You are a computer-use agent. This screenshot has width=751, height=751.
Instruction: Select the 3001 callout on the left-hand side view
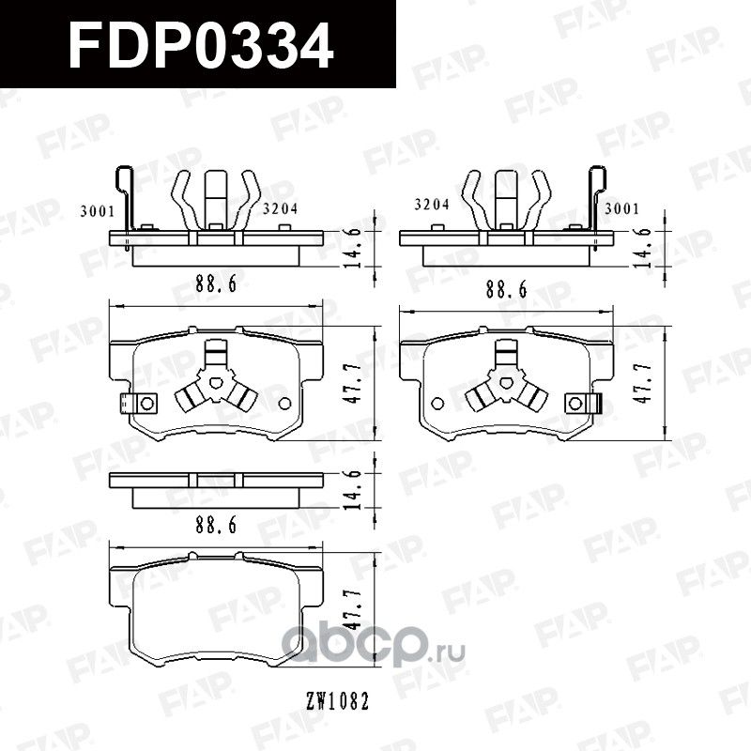(98, 210)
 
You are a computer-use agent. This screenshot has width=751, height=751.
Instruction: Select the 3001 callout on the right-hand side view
(622, 208)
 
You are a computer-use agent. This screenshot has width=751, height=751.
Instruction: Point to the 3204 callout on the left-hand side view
(280, 209)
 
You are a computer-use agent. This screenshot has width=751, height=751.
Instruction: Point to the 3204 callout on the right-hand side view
(432, 205)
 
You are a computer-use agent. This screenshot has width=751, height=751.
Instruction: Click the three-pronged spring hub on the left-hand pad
(217, 383)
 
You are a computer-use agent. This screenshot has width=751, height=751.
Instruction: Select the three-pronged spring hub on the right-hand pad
(507, 383)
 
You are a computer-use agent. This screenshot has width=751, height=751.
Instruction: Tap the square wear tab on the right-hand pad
(575, 403)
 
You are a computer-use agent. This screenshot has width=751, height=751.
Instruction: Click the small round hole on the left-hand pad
(285, 403)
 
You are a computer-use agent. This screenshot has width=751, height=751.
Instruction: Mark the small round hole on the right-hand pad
(437, 403)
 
